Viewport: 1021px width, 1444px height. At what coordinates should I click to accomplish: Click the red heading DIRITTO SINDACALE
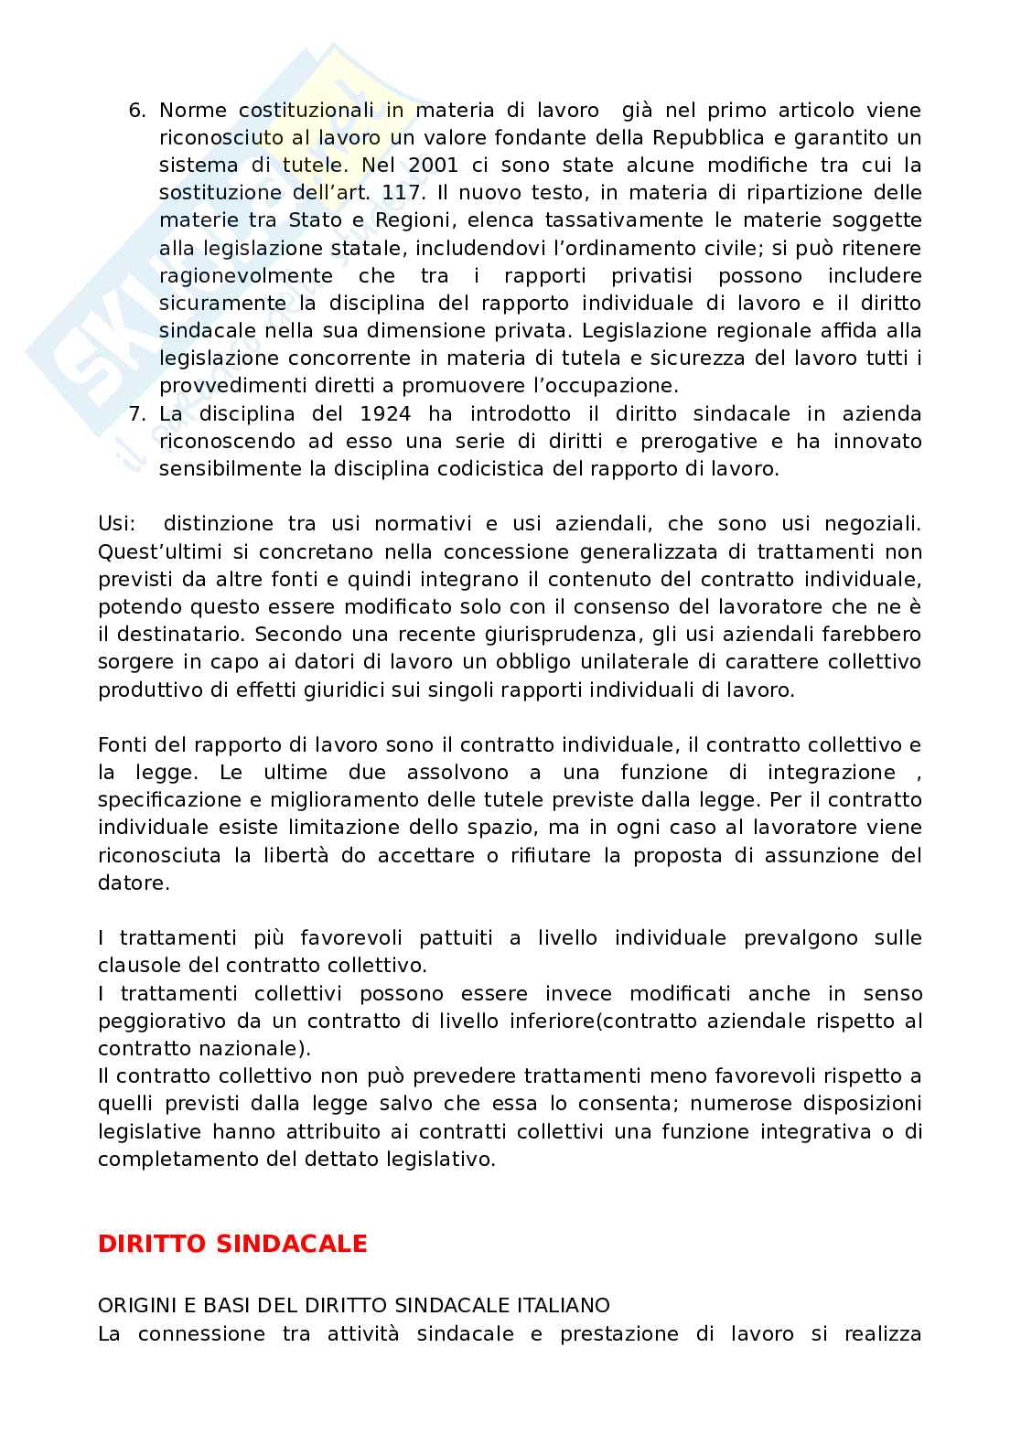(x=232, y=1244)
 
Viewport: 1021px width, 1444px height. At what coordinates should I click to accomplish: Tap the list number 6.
(x=136, y=111)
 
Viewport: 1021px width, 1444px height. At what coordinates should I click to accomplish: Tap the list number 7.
(x=136, y=414)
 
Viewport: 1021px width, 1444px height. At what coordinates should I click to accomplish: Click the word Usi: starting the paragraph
(x=117, y=524)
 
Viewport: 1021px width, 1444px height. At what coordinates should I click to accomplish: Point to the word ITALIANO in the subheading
(x=565, y=1306)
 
